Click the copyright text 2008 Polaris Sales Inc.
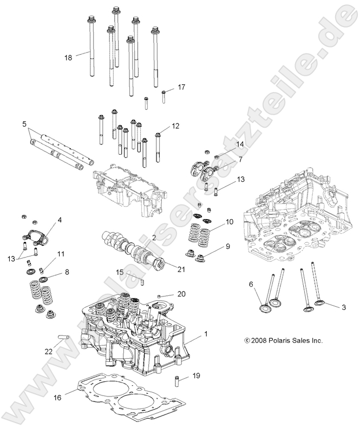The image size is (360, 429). pyautogui.click(x=283, y=341)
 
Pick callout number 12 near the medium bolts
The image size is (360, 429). pyautogui.click(x=175, y=126)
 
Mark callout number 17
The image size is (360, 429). pyautogui.click(x=181, y=87)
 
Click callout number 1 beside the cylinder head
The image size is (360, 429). pyautogui.click(x=205, y=335)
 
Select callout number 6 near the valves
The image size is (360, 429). pyautogui.click(x=251, y=284)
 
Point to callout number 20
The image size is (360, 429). pyautogui.click(x=182, y=294)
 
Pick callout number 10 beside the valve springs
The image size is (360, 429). pyautogui.click(x=229, y=222)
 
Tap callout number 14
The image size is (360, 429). pyautogui.click(x=240, y=144)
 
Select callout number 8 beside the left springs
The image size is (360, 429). pyautogui.click(x=67, y=273)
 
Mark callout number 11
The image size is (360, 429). pyautogui.click(x=61, y=254)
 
